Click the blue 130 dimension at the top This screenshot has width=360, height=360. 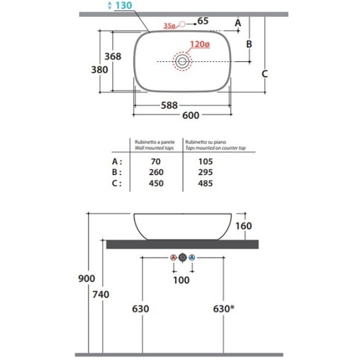click(x=123, y=6)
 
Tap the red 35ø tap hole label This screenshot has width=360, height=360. click(x=169, y=26)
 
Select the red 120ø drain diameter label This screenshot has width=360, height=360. click(x=200, y=44)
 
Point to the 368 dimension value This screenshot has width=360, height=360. click(x=112, y=56)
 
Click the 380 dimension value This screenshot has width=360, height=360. click(x=100, y=70)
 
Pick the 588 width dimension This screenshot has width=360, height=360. click(x=169, y=105)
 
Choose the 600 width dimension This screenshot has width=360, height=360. click(x=191, y=116)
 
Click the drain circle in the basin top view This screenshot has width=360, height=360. click(x=182, y=61)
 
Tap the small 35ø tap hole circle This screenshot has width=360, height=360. click(x=182, y=24)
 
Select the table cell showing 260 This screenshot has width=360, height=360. click(x=156, y=172)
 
